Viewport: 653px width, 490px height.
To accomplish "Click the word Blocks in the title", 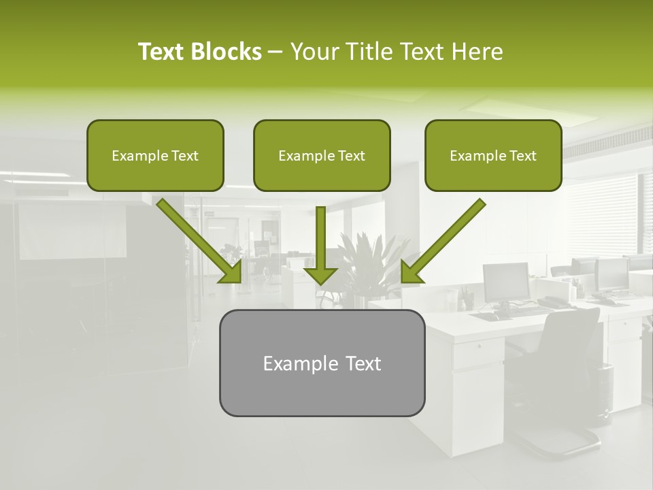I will [x=227, y=52].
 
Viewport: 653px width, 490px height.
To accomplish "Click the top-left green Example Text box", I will [x=155, y=155].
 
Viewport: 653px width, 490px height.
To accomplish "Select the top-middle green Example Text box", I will [x=322, y=155].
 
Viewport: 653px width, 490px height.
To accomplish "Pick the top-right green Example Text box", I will [x=493, y=155].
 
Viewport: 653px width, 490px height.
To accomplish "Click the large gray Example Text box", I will [x=322, y=363].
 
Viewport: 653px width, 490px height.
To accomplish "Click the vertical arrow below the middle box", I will [x=320, y=238].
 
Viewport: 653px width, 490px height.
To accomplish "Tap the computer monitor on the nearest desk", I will [x=506, y=280].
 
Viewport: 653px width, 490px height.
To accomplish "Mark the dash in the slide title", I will [x=275, y=52].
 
